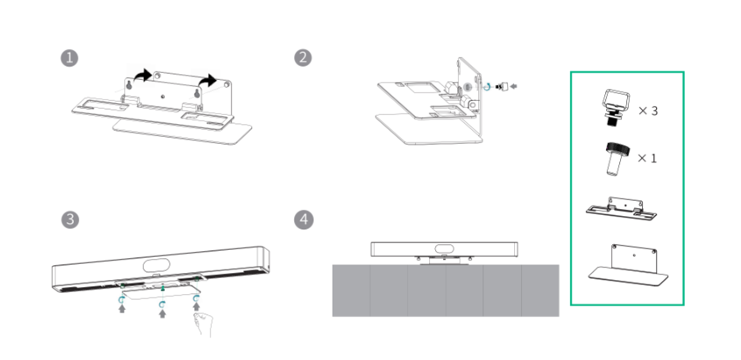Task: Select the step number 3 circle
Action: [x=69, y=218]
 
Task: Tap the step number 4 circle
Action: [x=303, y=218]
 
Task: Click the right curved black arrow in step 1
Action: [x=207, y=81]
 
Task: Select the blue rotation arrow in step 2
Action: [x=488, y=88]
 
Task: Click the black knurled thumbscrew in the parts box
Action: [x=613, y=158]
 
